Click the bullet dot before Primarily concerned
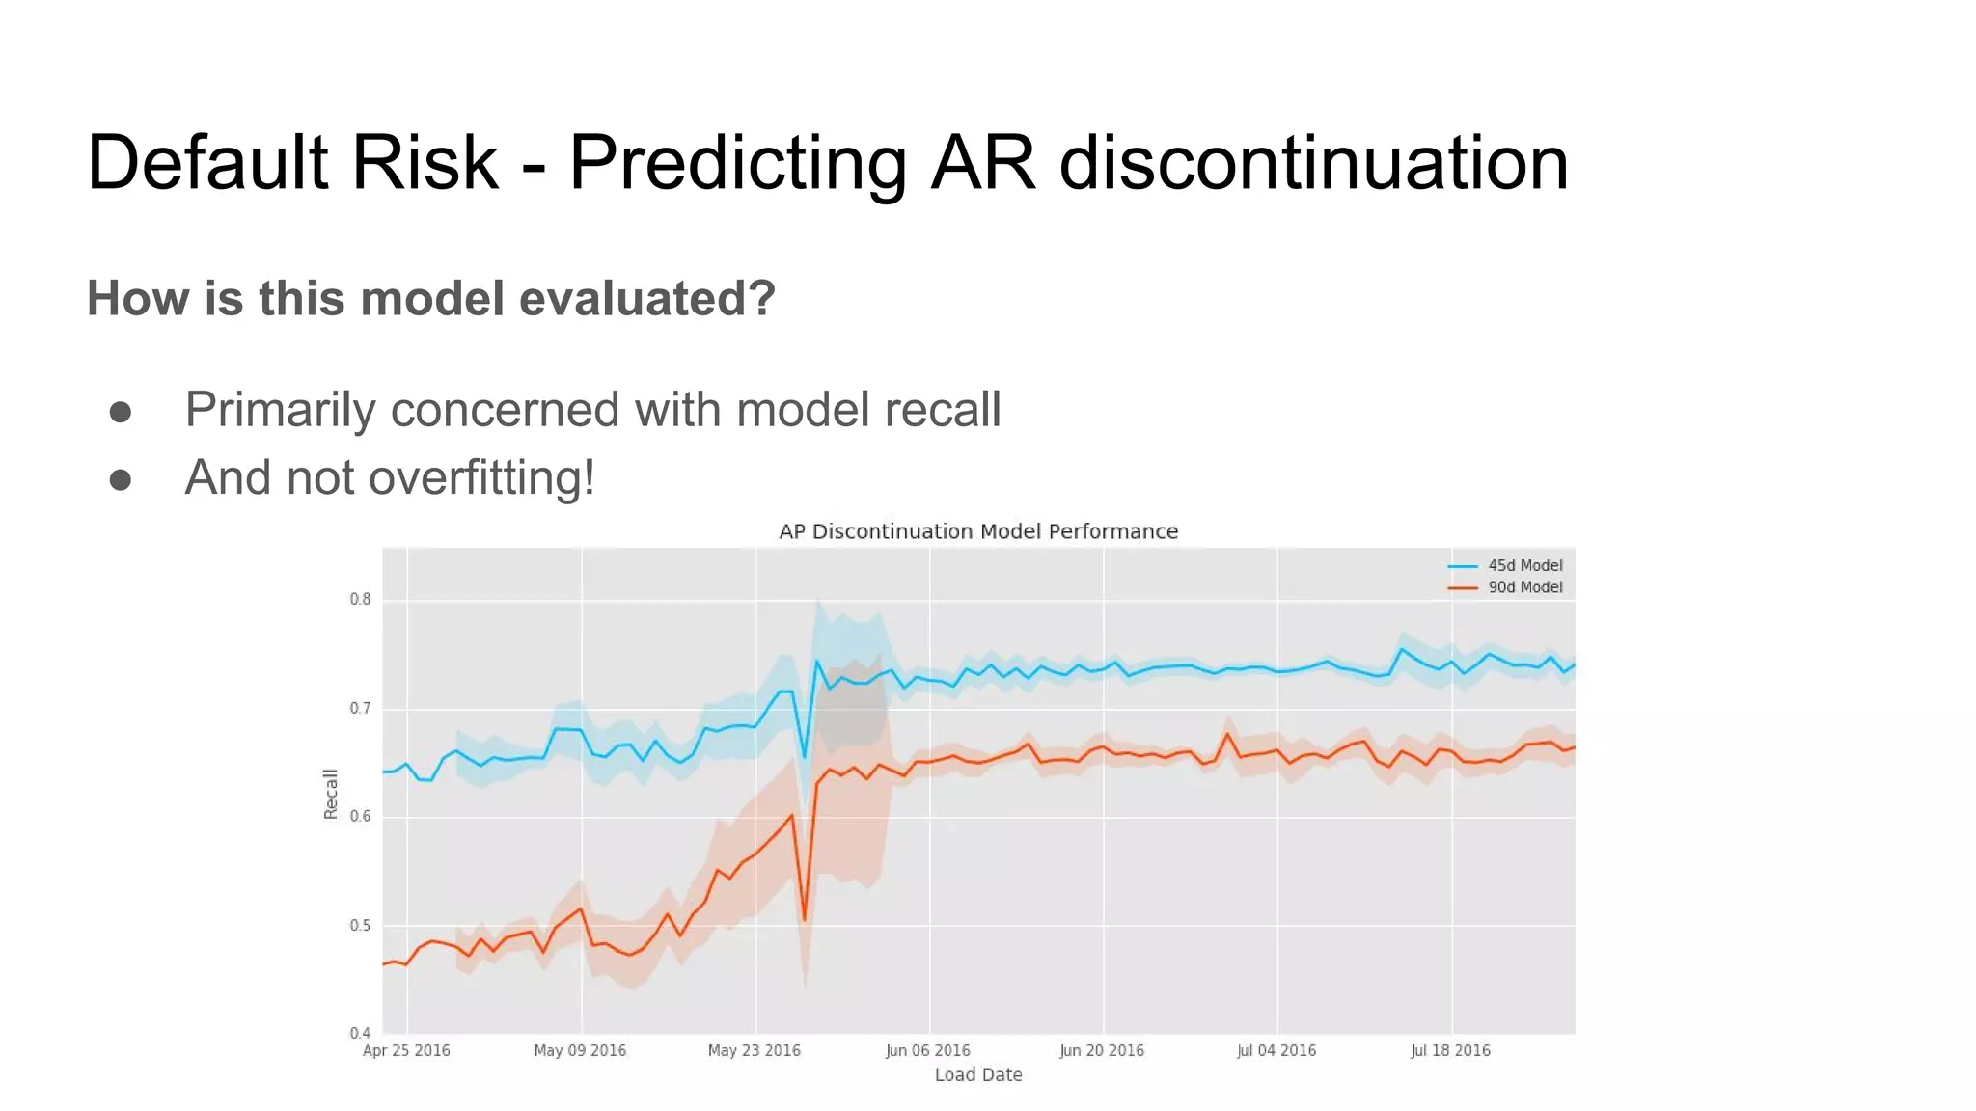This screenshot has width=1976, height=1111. coord(121,412)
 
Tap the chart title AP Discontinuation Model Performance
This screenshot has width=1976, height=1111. coord(978,531)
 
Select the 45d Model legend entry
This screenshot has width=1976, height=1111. coord(1524,566)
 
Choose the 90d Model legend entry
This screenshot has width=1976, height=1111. coord(1524,587)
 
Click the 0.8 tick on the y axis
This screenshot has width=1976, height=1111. coord(360,599)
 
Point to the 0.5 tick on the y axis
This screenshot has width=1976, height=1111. coord(360,926)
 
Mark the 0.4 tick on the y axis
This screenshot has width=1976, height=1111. coord(360,1033)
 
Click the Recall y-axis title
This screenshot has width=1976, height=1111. coord(331,794)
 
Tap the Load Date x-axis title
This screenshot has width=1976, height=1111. coord(978,1074)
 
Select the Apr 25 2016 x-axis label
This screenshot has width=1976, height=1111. coord(406,1050)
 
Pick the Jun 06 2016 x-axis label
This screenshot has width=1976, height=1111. coord(928,1050)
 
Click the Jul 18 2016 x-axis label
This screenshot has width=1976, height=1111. coord(1450,1050)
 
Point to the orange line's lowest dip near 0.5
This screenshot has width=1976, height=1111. coord(805,919)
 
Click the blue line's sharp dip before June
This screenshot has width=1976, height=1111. coord(805,757)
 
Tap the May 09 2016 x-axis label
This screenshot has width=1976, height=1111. coord(580,1050)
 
